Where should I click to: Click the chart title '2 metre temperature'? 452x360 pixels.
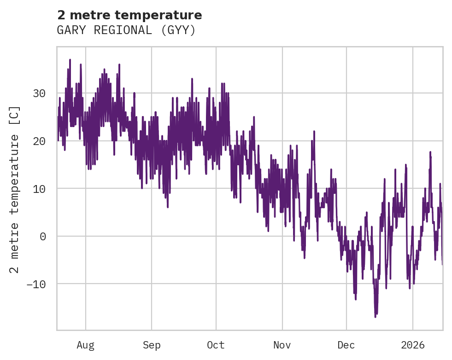tap(129, 15)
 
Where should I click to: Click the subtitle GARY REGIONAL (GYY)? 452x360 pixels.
tap(126, 30)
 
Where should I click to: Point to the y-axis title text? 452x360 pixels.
tap(15, 189)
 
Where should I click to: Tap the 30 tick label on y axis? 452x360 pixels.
tap(39, 93)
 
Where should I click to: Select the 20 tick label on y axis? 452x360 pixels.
tap(39, 141)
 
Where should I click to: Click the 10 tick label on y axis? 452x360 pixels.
tap(39, 189)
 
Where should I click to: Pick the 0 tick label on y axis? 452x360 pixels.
tap(42, 236)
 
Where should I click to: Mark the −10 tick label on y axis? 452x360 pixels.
tap(36, 284)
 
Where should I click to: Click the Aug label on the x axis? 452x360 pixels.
tap(85, 345)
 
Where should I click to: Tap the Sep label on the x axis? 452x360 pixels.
tap(151, 345)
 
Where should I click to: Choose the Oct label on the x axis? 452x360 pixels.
tap(216, 345)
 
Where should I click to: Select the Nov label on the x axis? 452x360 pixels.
tap(282, 345)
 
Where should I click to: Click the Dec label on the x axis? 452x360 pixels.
tap(346, 345)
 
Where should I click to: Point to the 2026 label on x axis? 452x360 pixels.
tap(413, 345)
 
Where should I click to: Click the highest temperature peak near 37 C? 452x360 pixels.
tap(70, 59)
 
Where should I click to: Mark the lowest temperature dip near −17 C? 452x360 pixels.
tap(376, 317)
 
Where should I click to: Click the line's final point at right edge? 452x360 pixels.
tap(442, 264)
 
